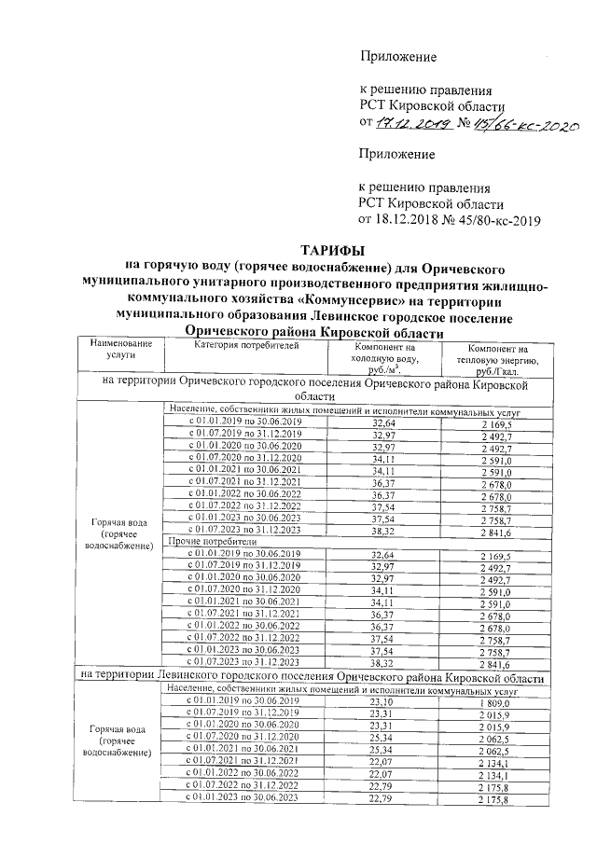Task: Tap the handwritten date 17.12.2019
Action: tap(410, 123)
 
